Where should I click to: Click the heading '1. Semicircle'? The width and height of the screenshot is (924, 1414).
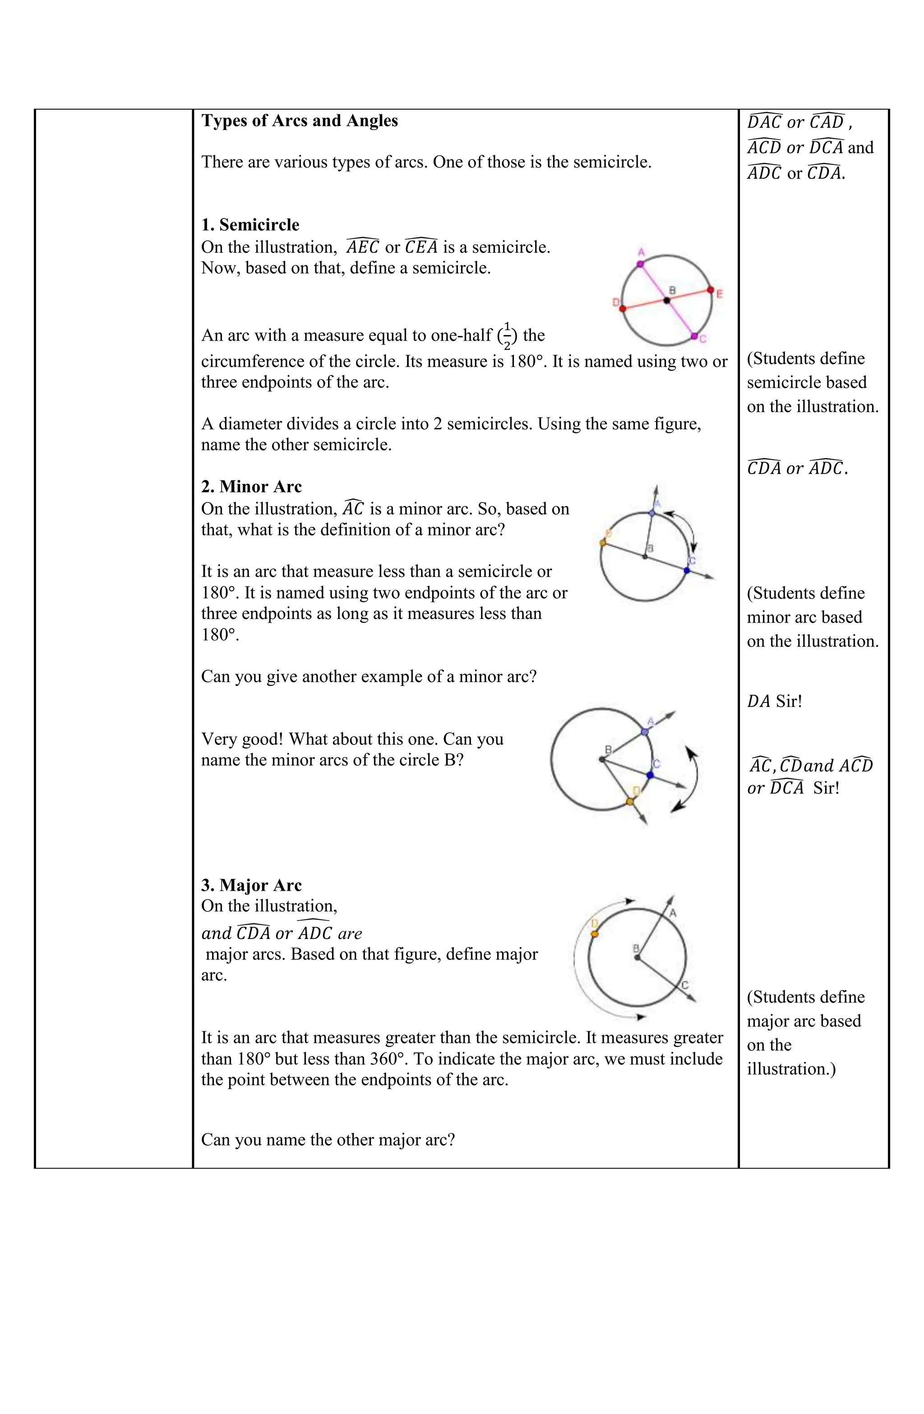(x=250, y=225)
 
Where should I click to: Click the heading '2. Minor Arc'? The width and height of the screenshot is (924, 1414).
(x=251, y=487)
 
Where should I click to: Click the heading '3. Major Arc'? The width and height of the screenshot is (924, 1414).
(x=251, y=885)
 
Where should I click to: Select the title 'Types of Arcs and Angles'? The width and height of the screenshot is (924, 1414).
(x=299, y=121)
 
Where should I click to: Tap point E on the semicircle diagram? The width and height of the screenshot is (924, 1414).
(x=710, y=290)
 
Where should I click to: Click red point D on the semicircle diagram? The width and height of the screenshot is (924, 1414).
(x=622, y=308)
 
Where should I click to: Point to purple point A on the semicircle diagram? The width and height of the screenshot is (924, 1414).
(x=640, y=263)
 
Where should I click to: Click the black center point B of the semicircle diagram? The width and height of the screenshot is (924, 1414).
(x=667, y=300)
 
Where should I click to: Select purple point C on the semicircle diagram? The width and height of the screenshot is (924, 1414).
(x=694, y=336)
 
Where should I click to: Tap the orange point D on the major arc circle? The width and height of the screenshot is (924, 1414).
(x=595, y=934)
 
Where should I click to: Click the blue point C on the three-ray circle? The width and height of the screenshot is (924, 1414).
(x=650, y=775)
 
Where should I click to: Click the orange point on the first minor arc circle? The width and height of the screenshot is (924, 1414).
(x=603, y=542)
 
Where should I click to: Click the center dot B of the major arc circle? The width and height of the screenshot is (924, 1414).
(x=637, y=957)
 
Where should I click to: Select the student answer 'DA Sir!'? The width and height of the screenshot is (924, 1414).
(x=774, y=702)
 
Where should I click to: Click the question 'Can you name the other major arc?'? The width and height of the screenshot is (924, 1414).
(x=328, y=1140)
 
